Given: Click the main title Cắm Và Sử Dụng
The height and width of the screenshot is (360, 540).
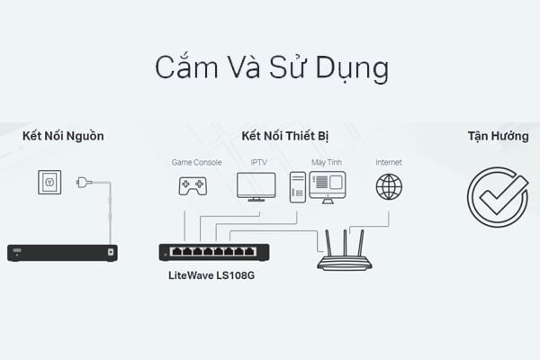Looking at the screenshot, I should pos(270,68).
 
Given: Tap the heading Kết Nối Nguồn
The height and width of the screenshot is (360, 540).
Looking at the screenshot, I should pos(63,137).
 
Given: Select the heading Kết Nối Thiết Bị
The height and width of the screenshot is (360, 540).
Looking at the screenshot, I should pos(283,137).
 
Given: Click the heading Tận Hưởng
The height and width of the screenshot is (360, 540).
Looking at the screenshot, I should pos(498,137).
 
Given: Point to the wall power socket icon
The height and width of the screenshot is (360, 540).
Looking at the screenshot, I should pos(49,183).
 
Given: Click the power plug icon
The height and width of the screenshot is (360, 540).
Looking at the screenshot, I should pos(84,183).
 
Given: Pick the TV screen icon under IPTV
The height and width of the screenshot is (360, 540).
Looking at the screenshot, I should pos(256,185).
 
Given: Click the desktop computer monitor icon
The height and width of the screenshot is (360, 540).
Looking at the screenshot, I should pos(327,185).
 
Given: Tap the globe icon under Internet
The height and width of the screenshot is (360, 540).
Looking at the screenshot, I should pos(389,186).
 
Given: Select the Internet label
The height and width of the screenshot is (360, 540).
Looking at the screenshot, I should pos(389,162).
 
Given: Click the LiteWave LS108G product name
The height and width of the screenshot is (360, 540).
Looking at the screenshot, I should pos(211,274).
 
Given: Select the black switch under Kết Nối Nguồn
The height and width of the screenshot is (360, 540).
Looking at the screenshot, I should pos(62,253).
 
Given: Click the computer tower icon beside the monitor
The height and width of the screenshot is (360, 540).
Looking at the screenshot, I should pos(297,185).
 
